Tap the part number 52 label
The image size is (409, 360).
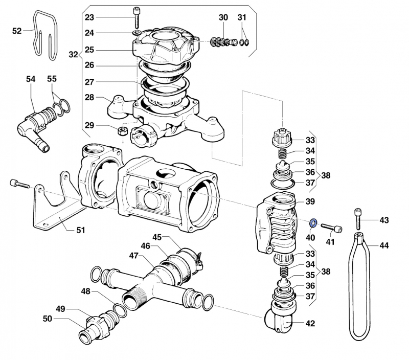pyautogui.click(x=17, y=31)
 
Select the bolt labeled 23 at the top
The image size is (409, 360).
pyautogui.click(x=137, y=18)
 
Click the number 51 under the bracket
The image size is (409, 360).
pyautogui.click(x=80, y=230)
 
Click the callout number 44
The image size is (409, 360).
pyautogui.click(x=384, y=245)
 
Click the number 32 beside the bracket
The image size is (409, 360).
pyautogui.click(x=73, y=54)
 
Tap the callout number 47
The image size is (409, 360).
pyautogui.click(x=133, y=255)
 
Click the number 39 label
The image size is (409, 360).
pyautogui.click(x=310, y=201)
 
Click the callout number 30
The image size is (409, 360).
pyautogui.click(x=223, y=17)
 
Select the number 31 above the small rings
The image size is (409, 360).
pyautogui.click(x=242, y=17)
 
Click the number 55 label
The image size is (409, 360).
pyautogui.click(x=52, y=79)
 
